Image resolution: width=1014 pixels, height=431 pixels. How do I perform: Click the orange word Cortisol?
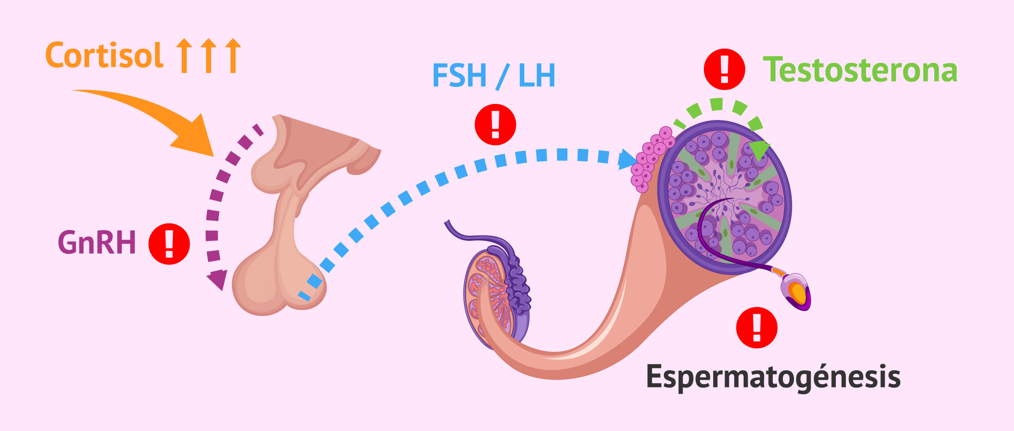(x=104, y=56)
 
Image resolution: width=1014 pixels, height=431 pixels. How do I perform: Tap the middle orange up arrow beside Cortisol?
(x=208, y=55)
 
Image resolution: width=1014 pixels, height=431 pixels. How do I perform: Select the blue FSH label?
(x=459, y=76)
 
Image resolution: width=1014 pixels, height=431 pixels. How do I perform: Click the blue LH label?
(x=537, y=76)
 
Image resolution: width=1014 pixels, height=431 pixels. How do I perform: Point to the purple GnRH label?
(x=97, y=243)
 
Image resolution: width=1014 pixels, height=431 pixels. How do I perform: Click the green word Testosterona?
(x=860, y=70)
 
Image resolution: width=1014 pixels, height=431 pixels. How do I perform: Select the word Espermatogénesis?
(x=773, y=377)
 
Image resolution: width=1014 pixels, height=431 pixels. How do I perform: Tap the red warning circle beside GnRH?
(x=169, y=244)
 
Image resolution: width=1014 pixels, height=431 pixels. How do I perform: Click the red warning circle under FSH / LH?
(x=495, y=125)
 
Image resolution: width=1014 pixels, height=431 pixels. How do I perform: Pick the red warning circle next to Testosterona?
(x=724, y=69)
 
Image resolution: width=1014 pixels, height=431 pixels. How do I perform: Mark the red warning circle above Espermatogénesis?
(x=756, y=327)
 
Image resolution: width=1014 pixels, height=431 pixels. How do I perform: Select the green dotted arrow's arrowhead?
(x=759, y=150)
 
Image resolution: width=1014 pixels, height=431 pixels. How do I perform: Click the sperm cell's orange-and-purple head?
(x=796, y=292)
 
